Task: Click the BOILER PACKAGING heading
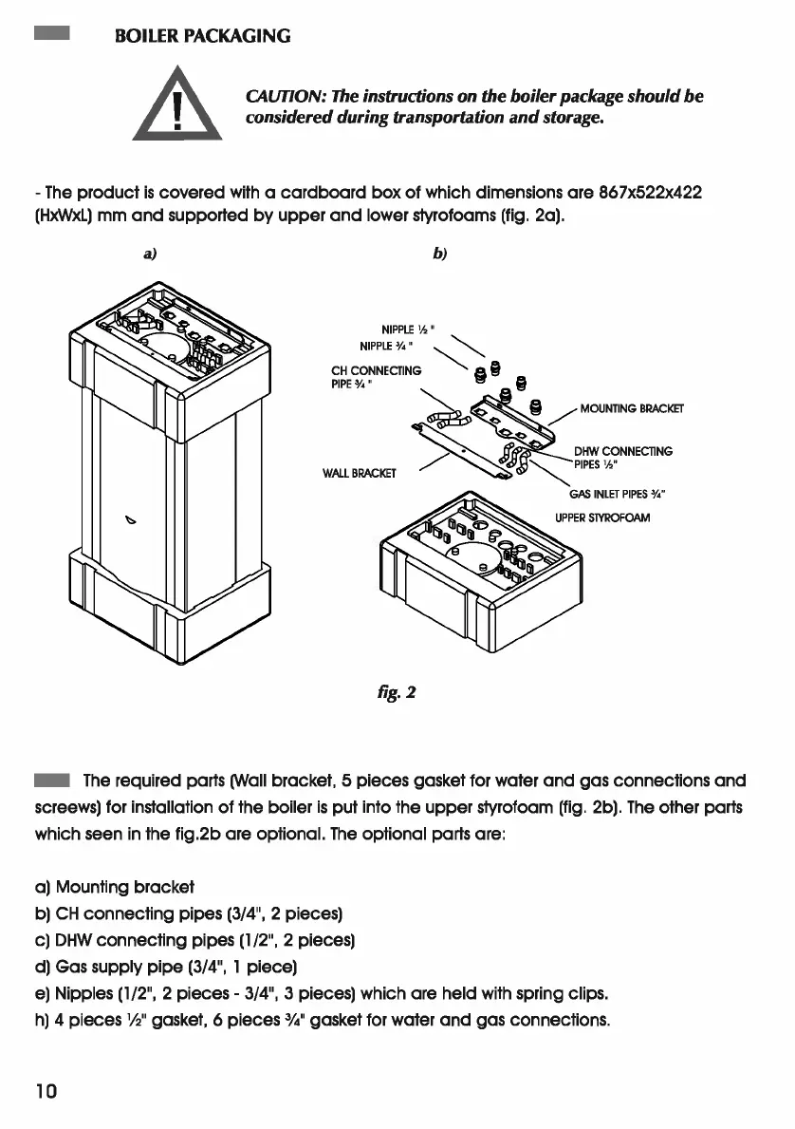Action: click(201, 37)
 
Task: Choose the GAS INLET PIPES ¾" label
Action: click(618, 494)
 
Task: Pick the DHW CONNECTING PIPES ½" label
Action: click(621, 458)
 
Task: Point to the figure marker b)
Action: click(439, 254)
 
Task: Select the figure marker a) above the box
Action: click(150, 254)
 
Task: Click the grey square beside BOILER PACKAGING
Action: click(50, 36)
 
